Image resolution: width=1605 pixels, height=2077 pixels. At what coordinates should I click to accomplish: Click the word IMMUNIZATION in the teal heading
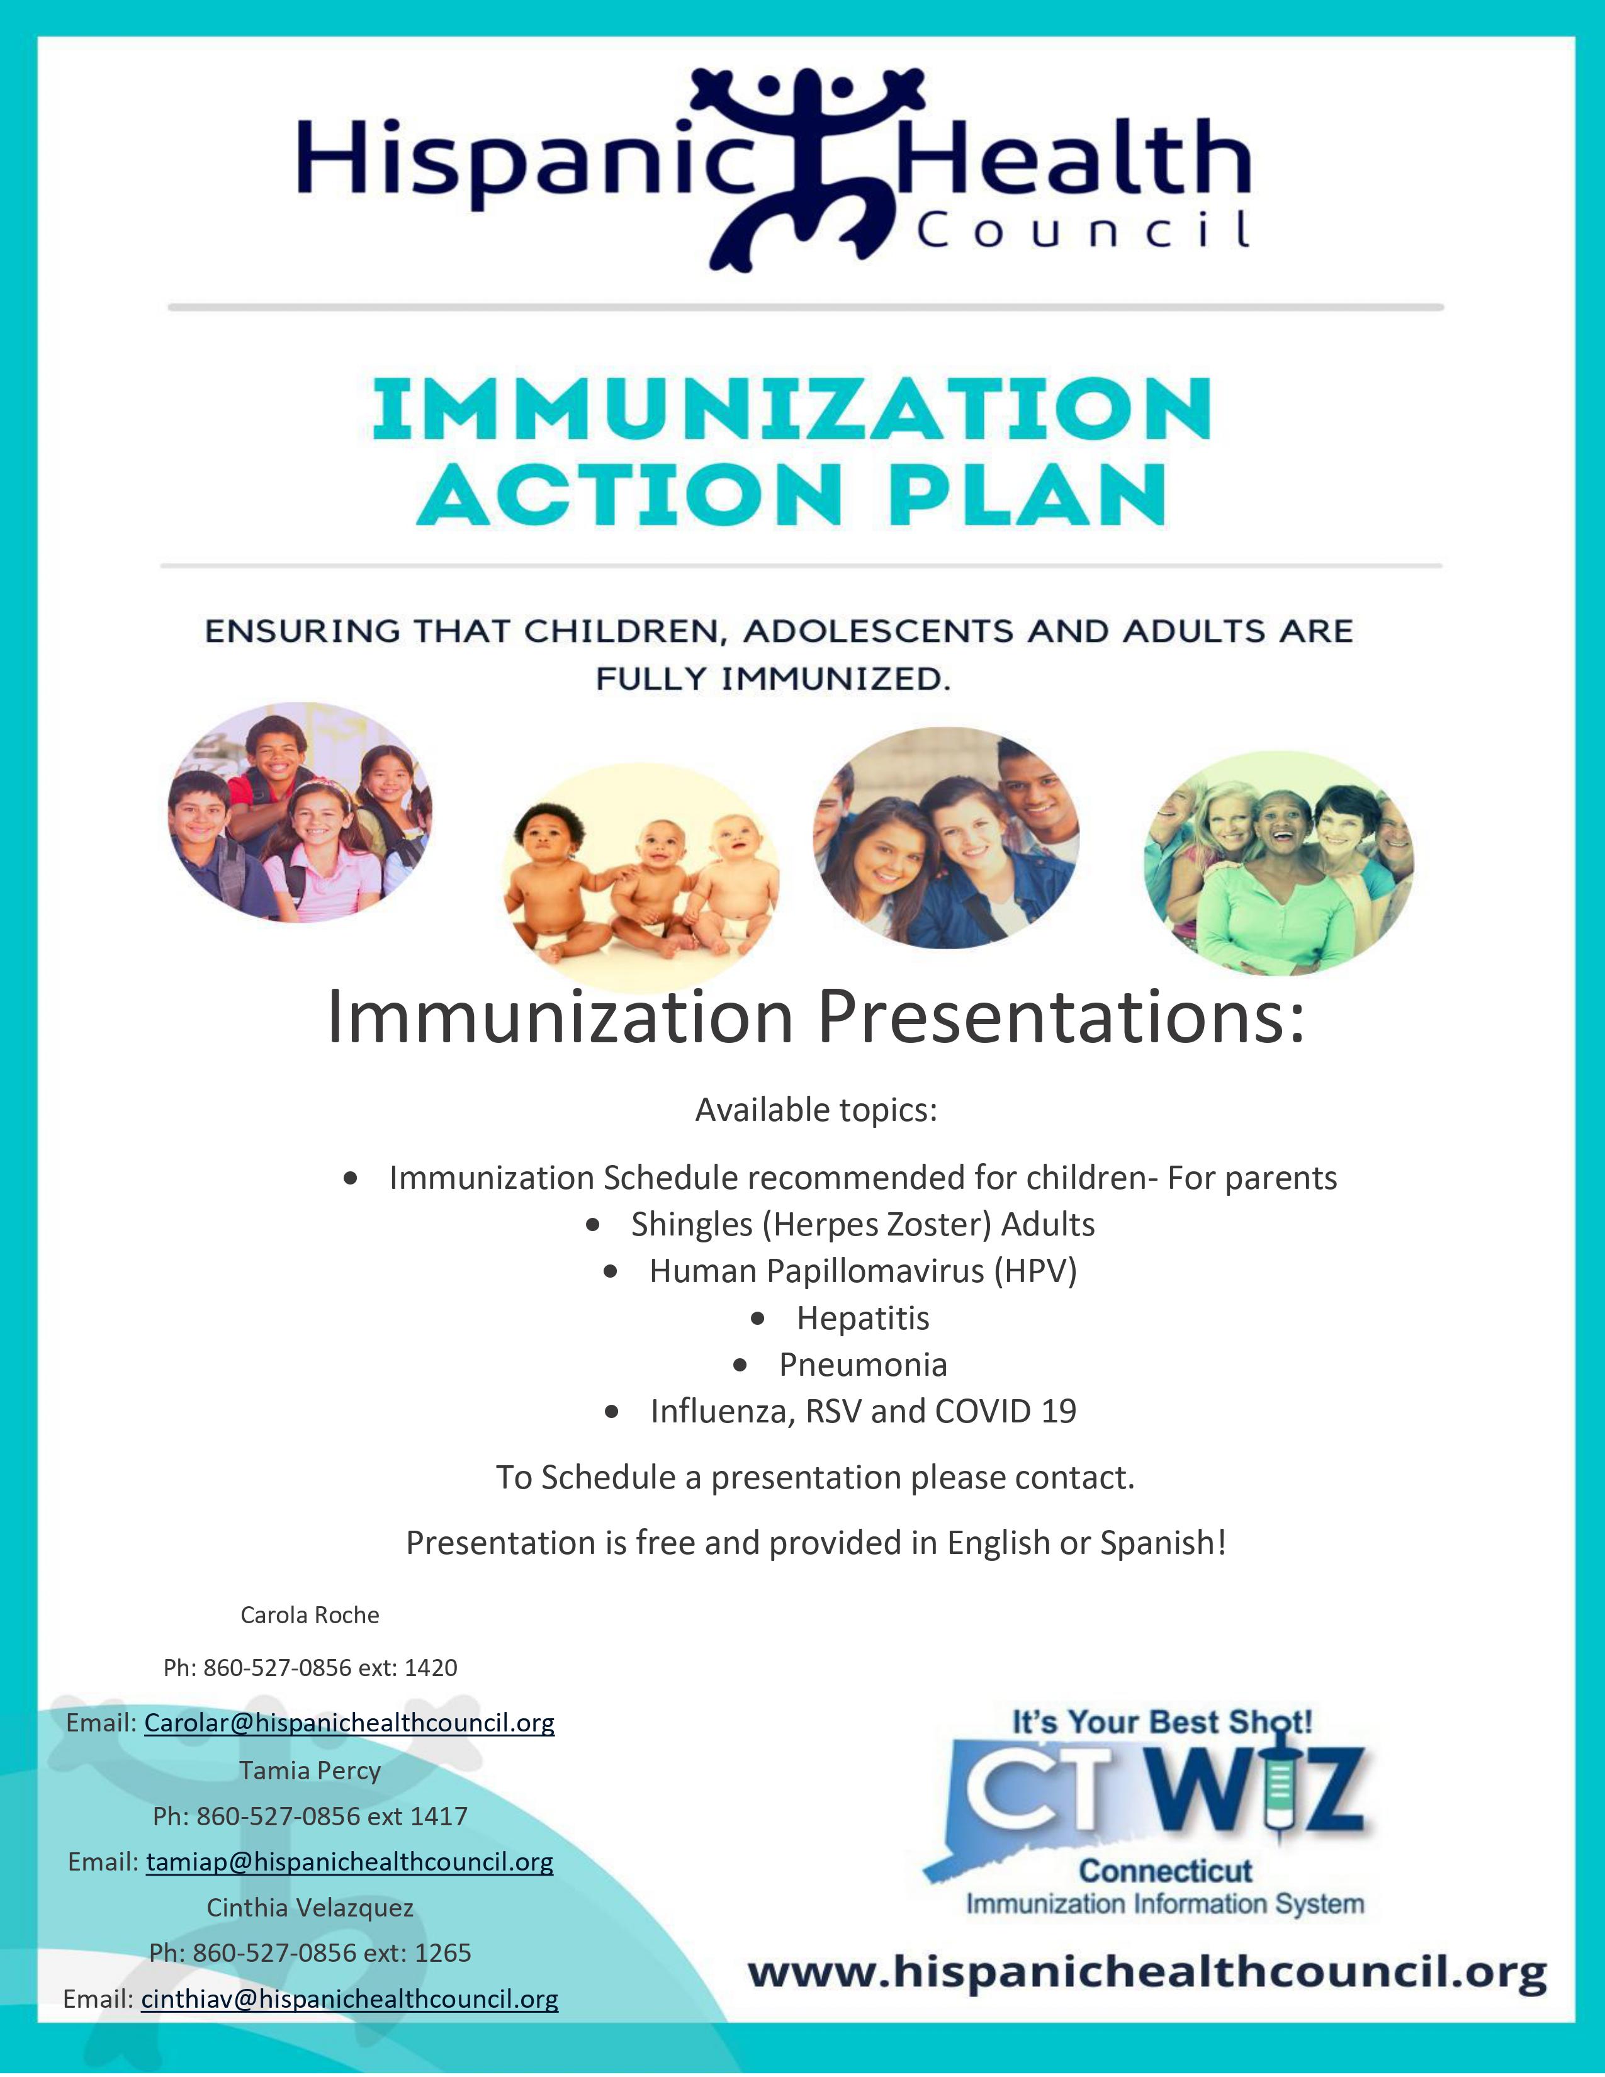pyautogui.click(x=791, y=410)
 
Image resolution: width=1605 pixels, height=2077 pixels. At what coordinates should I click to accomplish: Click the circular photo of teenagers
pyautogui.click(x=946, y=838)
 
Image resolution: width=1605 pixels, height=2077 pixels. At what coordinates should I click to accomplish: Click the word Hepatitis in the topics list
pyautogui.click(x=862, y=1318)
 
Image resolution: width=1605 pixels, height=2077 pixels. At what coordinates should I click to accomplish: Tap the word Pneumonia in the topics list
pyautogui.click(x=862, y=1365)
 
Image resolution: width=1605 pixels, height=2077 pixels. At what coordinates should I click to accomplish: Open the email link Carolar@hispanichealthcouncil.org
pyautogui.click(x=349, y=1722)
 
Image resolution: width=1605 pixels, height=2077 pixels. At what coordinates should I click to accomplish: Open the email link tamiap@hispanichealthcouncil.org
pyautogui.click(x=349, y=1861)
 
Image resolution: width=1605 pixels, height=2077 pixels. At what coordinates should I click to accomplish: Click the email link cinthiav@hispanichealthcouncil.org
pyautogui.click(x=349, y=1998)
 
